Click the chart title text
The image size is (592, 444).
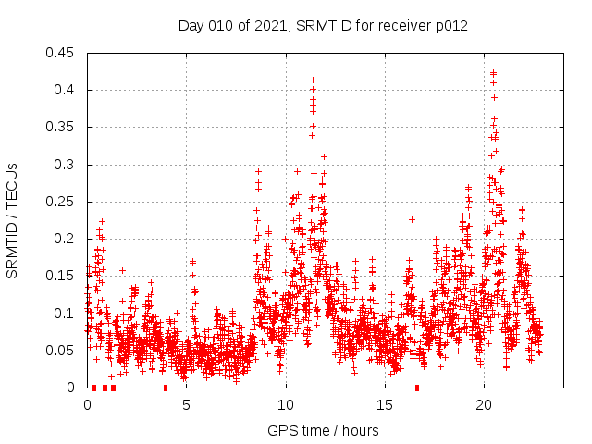point(322,26)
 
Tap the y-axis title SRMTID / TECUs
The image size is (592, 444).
point(12,220)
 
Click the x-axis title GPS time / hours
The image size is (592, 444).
point(322,430)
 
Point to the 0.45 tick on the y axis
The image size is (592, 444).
point(61,53)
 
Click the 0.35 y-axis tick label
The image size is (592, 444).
point(61,127)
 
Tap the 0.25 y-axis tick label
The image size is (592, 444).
point(61,202)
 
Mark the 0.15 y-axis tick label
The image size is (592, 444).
point(61,276)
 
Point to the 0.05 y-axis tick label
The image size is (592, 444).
point(61,351)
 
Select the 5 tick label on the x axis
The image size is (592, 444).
point(186,405)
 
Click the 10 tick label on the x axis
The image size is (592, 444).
point(286,405)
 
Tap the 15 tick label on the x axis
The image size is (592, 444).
point(385,405)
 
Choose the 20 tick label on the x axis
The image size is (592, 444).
point(484,405)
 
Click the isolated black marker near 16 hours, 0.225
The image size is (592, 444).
point(412,219)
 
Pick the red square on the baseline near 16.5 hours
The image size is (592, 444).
point(417,388)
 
